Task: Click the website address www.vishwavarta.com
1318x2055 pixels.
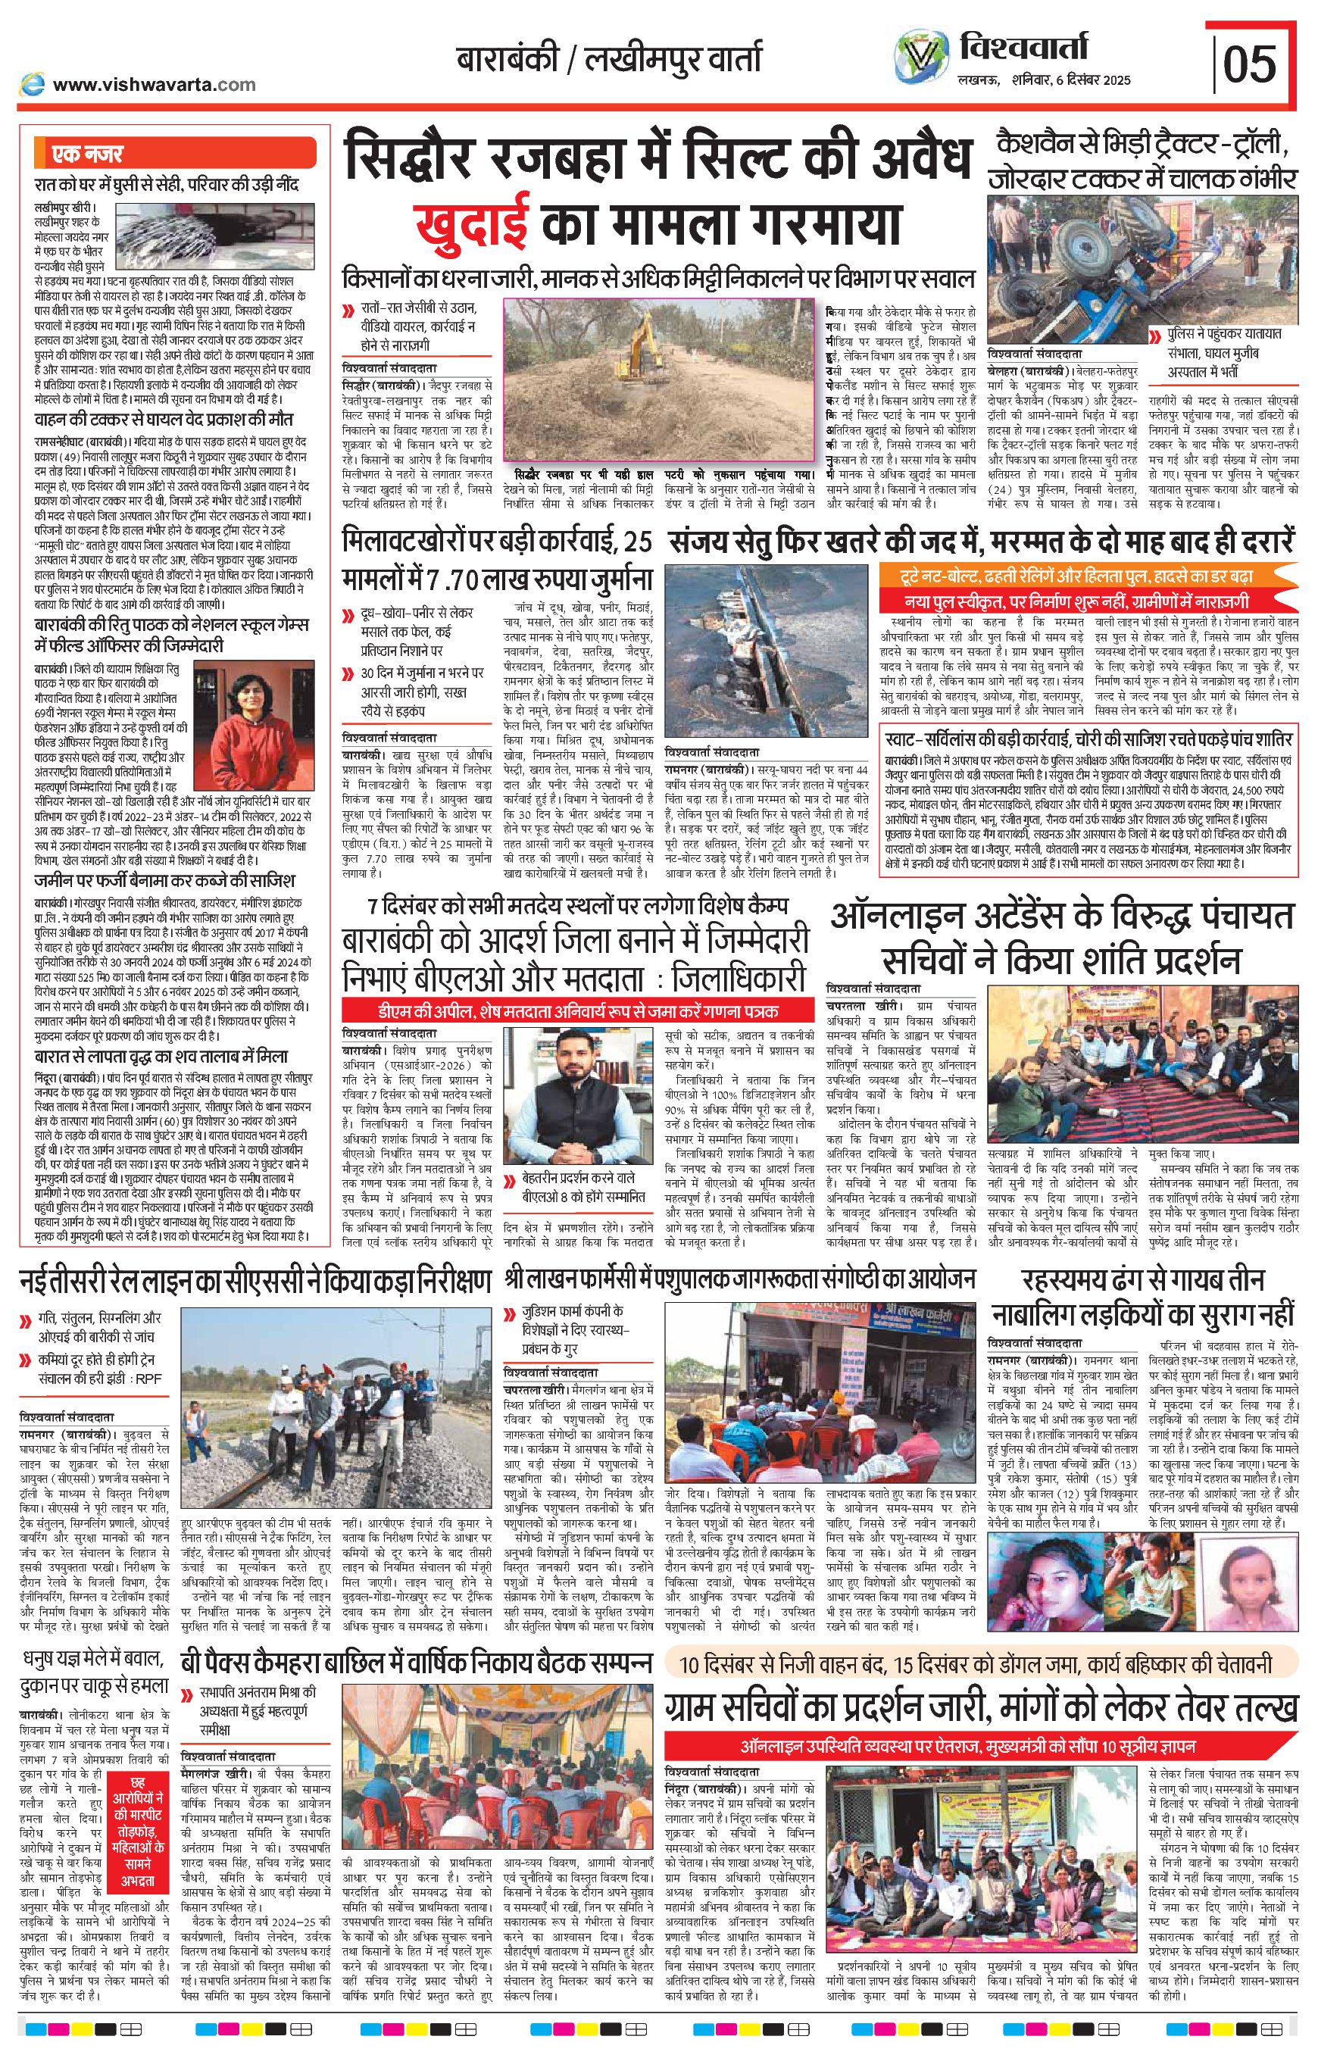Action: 154,84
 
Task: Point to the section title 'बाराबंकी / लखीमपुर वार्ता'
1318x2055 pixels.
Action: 607,59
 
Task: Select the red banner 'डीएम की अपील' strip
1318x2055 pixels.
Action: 578,1010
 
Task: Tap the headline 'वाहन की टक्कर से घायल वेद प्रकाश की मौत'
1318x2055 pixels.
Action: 163,420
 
